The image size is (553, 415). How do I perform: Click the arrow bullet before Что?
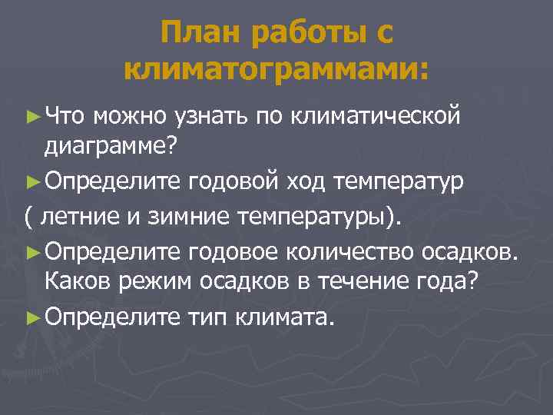[32, 116]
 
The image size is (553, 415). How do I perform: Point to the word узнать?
[209, 116]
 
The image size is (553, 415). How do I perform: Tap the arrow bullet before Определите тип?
[32, 316]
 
